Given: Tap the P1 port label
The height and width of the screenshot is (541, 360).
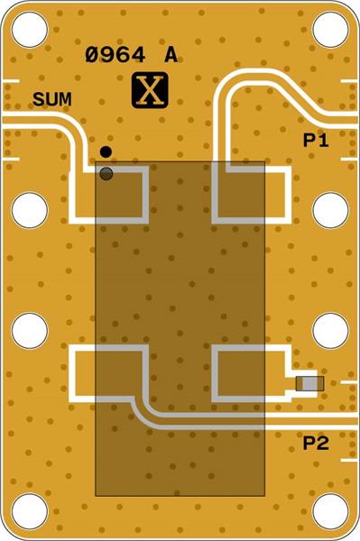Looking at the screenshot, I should coord(315,142).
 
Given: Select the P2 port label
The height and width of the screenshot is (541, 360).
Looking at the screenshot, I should coord(315,442).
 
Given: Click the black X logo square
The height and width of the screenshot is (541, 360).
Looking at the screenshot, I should coord(150,90).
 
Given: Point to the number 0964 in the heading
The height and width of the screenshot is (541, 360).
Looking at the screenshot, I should coord(115,56).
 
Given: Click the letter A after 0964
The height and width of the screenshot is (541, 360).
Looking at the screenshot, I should coord(171,56).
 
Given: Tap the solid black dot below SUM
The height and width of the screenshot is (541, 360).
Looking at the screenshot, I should coord(106,151).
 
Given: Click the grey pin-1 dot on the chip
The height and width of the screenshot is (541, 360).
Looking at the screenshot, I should coord(106,172).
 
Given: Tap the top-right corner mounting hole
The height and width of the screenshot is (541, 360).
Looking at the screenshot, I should coord(330,30).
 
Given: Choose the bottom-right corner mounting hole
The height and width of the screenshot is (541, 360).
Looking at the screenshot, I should coord(330,511).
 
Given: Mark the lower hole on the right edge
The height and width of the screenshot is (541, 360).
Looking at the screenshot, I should coord(330,331).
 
